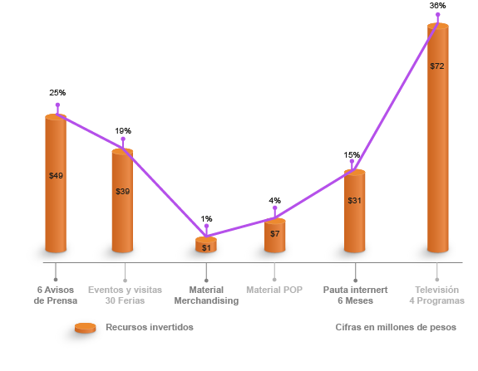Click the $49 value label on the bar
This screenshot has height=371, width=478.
[56, 176]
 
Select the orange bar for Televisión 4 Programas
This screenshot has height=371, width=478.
[438, 138]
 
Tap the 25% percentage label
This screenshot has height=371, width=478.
[57, 92]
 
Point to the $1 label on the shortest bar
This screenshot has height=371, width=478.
[206, 247]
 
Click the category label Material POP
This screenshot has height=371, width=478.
[274, 290]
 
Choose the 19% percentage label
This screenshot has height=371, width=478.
[123, 131]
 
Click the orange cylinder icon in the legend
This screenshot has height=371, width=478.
[86, 328]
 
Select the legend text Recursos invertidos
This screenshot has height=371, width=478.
[150, 327]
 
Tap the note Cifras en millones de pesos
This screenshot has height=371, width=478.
[396, 327]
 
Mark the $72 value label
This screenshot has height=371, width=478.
[437, 66]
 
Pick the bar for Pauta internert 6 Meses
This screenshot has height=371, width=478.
[354, 211]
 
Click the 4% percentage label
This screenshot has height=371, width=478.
[274, 201]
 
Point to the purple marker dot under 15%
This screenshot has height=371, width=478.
[352, 161]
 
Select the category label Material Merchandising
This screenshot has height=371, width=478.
[206, 295]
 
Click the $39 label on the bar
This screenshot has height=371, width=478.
[122, 192]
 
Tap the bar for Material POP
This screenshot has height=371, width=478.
[274, 235]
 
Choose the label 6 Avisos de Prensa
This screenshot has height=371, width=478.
[56, 295]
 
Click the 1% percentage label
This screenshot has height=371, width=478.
[206, 219]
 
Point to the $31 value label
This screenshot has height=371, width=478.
[354, 201]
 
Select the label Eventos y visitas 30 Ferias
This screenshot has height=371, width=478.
[125, 295]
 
